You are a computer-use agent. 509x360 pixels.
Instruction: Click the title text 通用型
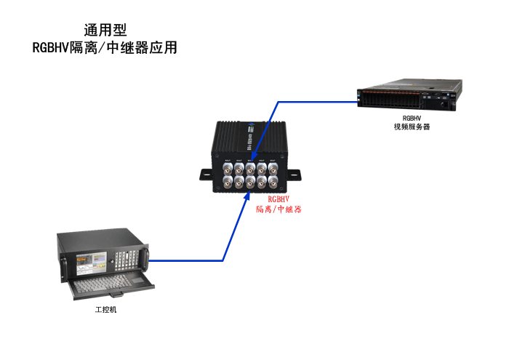click(x=105, y=30)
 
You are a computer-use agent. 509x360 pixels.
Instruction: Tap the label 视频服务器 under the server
click(x=412, y=126)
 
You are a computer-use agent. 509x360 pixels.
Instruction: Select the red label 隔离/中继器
click(x=278, y=209)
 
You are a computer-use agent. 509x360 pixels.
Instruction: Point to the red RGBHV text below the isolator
click(x=278, y=199)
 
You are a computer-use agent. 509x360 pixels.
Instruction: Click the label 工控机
click(x=105, y=310)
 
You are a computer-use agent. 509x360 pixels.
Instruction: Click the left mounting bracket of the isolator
click(x=207, y=175)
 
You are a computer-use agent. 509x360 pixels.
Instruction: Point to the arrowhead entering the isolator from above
click(x=252, y=155)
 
